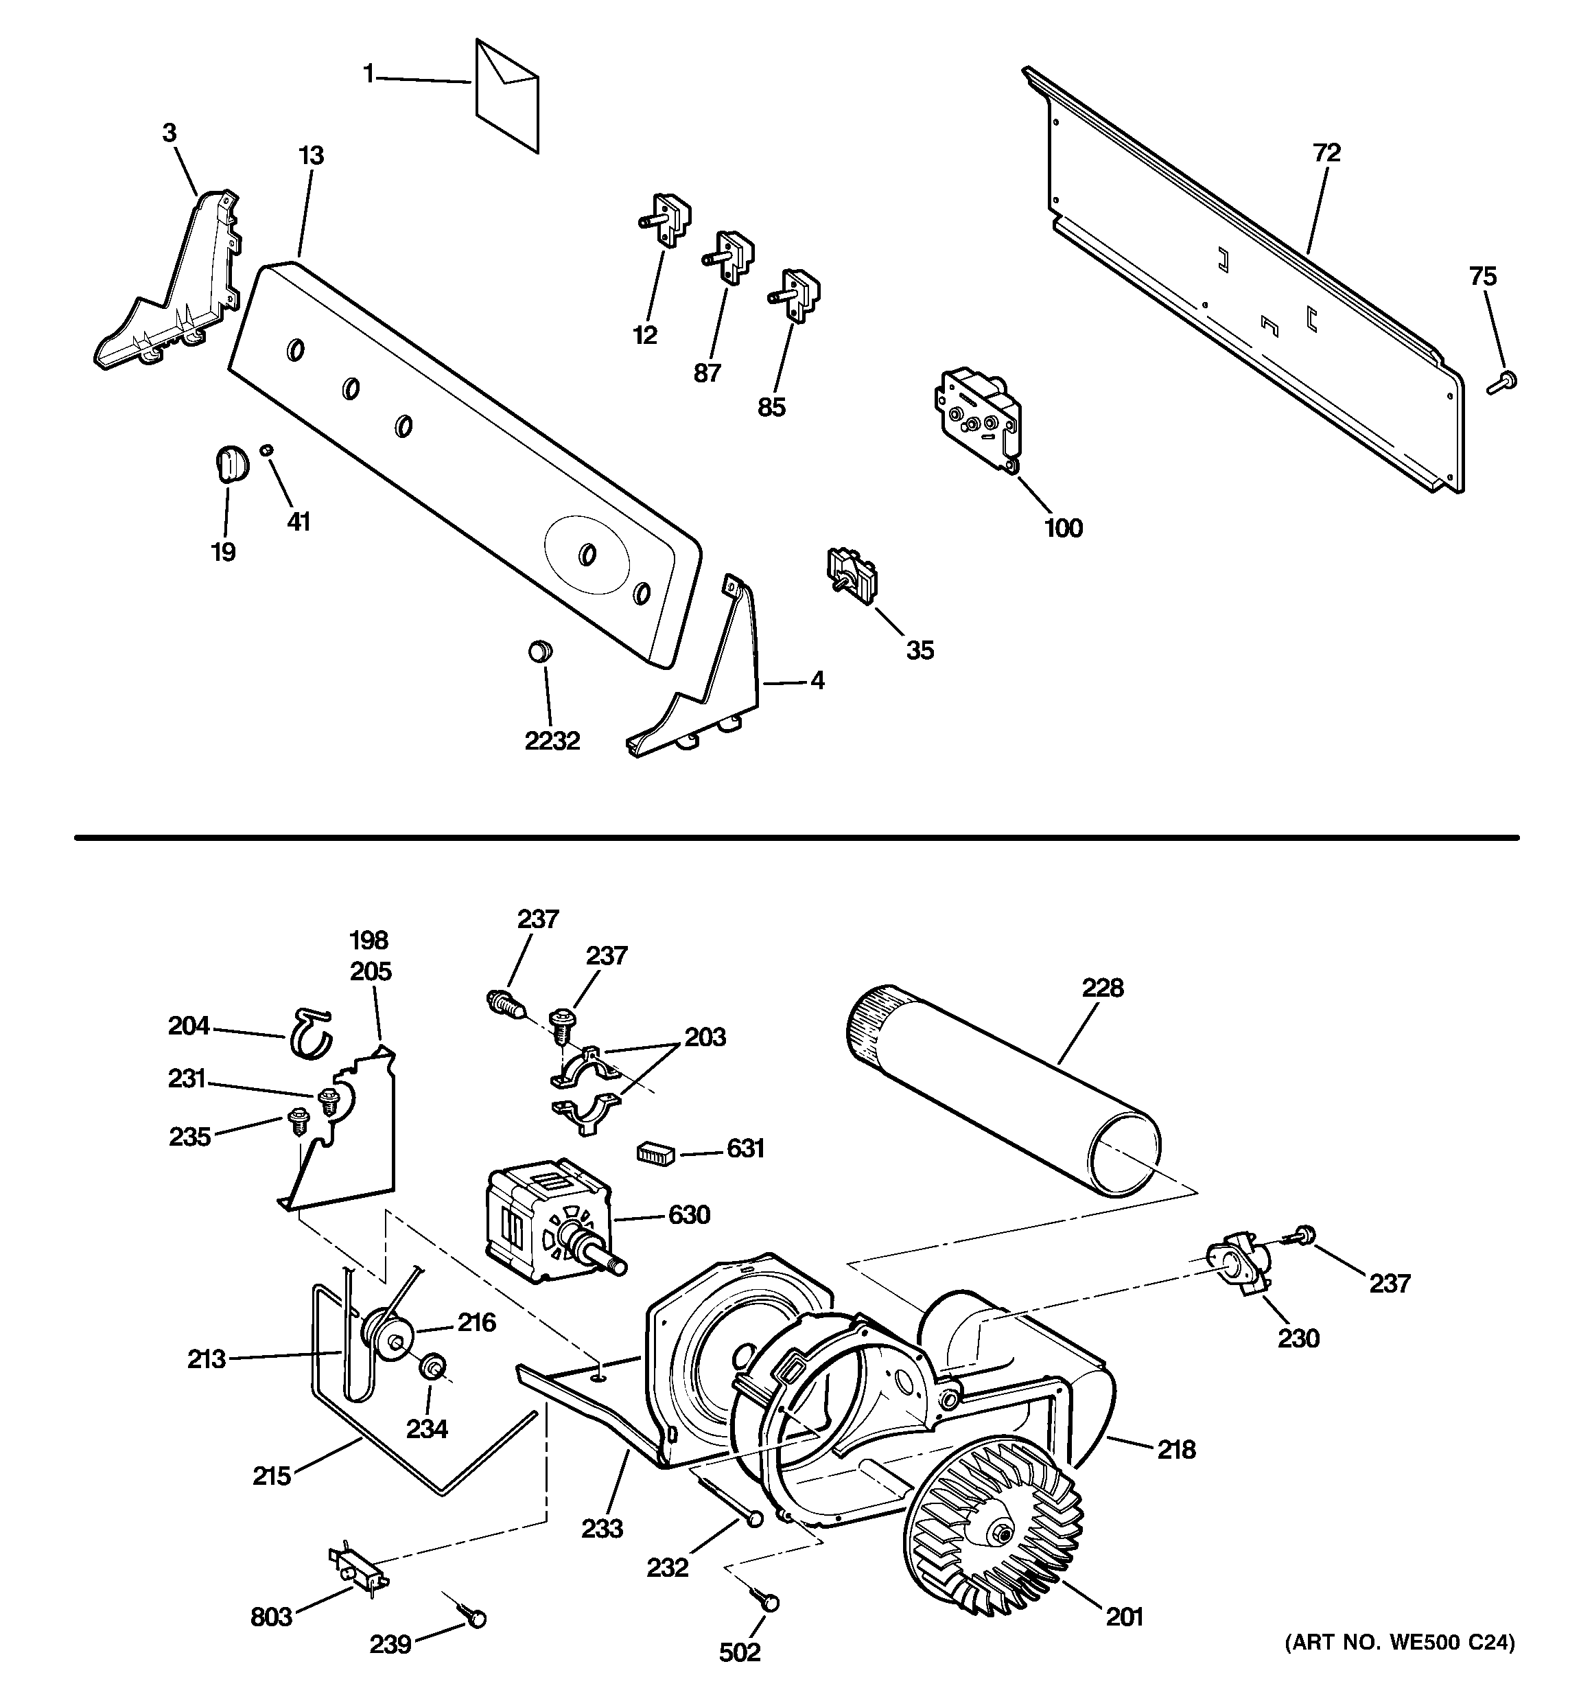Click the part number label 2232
[552, 740]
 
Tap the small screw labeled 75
[1502, 382]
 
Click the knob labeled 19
[228, 464]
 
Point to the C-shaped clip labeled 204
[309, 1032]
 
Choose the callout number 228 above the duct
[1102, 988]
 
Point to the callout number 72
[1326, 153]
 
